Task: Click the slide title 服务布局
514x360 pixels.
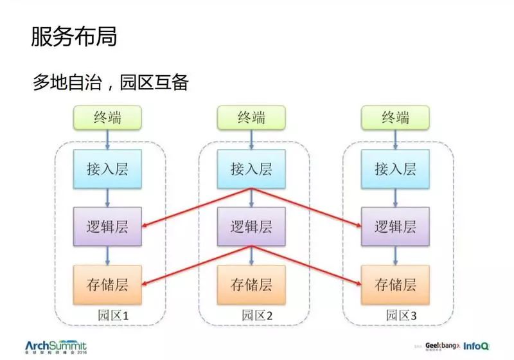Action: click(x=74, y=37)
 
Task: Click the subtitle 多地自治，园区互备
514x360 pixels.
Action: click(x=110, y=83)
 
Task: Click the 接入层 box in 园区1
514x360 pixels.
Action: click(x=107, y=169)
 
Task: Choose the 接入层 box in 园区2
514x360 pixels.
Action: click(x=251, y=169)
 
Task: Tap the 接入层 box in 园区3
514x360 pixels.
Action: click(x=395, y=169)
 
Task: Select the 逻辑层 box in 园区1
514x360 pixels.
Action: click(x=107, y=226)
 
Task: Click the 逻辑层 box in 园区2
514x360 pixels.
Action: click(x=251, y=226)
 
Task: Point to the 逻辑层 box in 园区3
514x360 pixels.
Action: click(x=395, y=226)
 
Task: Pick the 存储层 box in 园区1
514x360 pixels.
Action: click(x=107, y=284)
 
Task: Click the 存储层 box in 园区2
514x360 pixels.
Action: click(x=251, y=284)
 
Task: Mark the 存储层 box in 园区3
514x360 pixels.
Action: click(x=395, y=284)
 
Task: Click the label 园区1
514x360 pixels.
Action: click(x=114, y=316)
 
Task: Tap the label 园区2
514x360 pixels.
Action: click(x=258, y=316)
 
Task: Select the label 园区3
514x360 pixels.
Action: click(x=402, y=316)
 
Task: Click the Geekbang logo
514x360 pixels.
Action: click(x=442, y=345)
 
